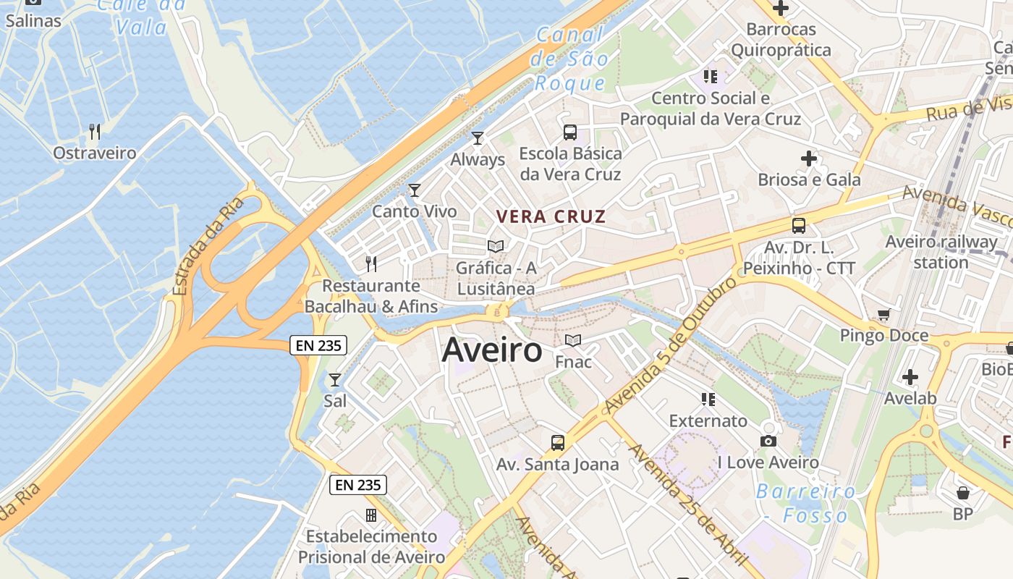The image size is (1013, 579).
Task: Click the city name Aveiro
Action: [491, 350]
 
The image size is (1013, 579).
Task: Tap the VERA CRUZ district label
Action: [551, 216]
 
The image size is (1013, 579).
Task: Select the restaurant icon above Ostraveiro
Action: [94, 132]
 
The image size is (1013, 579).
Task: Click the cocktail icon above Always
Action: [478, 138]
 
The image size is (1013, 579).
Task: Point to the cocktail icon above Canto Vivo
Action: [415, 190]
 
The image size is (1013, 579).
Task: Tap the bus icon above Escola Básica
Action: [570, 132]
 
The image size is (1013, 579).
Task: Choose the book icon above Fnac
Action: [573, 340]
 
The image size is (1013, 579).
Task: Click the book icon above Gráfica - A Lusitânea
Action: [496, 247]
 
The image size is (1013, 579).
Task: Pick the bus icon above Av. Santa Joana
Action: [557, 443]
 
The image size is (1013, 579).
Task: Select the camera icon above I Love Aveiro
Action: [768, 441]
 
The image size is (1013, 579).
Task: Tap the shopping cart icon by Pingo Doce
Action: [883, 315]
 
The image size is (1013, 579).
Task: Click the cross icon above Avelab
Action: [910, 377]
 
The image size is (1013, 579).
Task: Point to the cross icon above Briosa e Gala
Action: [809, 159]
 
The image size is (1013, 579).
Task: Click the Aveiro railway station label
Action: [941, 252]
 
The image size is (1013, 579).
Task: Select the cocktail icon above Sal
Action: [335, 380]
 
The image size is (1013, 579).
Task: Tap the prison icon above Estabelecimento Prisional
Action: [371, 515]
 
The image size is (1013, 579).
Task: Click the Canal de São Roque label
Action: [570, 58]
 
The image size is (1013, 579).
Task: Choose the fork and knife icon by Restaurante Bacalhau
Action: [371, 264]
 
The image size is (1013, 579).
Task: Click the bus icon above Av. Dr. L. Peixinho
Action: [799, 226]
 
